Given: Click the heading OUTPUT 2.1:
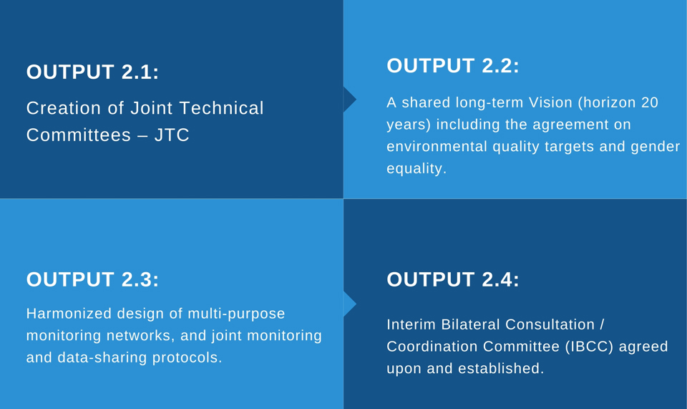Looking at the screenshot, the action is tap(92, 72).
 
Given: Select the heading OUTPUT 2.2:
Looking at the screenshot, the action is tap(452, 66).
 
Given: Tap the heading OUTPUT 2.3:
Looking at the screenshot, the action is tap(92, 279).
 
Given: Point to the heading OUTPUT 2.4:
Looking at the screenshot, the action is tap(452, 279).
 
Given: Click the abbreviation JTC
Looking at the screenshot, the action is tap(172, 135).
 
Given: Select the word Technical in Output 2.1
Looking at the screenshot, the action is tap(222, 108).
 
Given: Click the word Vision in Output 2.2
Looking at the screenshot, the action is tap(550, 102).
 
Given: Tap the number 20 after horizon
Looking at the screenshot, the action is tap(650, 102).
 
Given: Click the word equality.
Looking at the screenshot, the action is tap(416, 169).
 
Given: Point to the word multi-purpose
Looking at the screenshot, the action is tap(236, 314).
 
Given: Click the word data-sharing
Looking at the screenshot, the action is tap(102, 357).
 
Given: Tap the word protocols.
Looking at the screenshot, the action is tap(187, 357).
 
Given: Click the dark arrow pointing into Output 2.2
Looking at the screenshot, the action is tap(349, 100).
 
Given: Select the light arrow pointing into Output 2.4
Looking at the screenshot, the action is tap(349, 304).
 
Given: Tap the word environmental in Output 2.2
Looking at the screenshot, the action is tap(437, 146).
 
